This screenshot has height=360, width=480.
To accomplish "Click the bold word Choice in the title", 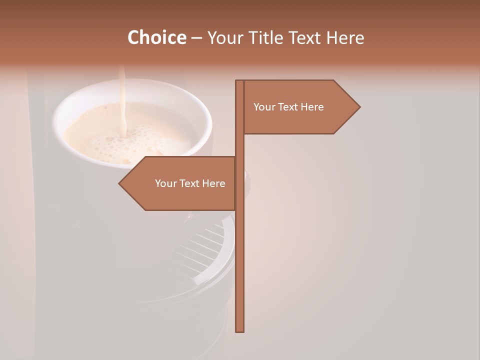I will [156, 37].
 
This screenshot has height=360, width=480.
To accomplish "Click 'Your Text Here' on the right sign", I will [288, 107].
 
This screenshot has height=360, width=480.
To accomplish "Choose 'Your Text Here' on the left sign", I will [190, 183].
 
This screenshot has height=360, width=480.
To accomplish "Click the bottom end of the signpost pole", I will [240, 330].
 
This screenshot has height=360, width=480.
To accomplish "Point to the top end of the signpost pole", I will [240, 82].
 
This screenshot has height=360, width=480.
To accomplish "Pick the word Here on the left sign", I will [213, 183].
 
